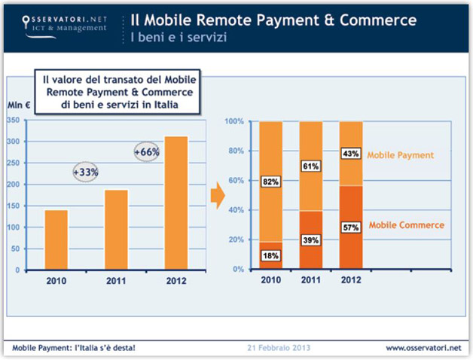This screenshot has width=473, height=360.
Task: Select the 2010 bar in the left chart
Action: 56,239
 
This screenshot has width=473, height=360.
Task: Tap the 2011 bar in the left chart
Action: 115,229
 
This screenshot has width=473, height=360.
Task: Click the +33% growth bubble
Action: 86,172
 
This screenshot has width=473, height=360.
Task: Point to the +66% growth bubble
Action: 146,151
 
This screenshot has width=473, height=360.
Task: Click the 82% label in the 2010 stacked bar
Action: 270,182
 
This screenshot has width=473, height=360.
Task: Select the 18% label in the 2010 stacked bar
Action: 270,255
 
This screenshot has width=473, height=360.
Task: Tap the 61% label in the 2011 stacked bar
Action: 311,166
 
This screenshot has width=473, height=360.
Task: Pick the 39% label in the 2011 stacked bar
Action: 311,239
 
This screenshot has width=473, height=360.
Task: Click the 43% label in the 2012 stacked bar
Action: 351,153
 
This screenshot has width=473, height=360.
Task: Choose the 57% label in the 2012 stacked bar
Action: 351,227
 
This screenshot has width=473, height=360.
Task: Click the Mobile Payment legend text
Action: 400,155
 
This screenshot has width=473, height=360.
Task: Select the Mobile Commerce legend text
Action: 406,224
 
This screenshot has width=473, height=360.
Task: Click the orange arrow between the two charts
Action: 218,197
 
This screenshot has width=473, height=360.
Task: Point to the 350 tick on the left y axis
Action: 14,121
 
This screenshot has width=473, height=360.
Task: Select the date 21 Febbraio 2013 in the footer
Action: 278,348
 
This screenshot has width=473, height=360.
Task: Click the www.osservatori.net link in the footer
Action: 423,348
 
